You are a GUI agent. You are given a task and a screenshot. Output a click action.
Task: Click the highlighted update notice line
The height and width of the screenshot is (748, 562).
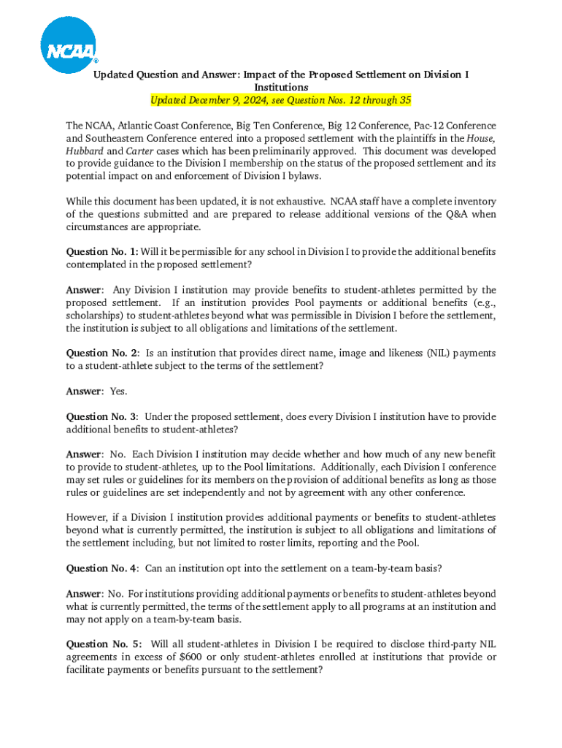tap(280, 100)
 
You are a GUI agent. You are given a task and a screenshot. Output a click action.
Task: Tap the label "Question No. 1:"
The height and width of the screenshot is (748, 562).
tap(102, 252)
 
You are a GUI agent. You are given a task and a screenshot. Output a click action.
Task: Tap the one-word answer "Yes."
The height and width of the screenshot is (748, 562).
tap(118, 392)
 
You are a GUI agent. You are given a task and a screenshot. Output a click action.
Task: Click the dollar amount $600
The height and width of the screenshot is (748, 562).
tap(192, 657)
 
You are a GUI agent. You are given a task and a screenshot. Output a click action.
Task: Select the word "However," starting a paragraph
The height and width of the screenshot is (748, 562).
tap(88, 518)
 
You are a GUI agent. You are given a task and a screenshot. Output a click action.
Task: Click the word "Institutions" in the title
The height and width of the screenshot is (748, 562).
tap(280, 87)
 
